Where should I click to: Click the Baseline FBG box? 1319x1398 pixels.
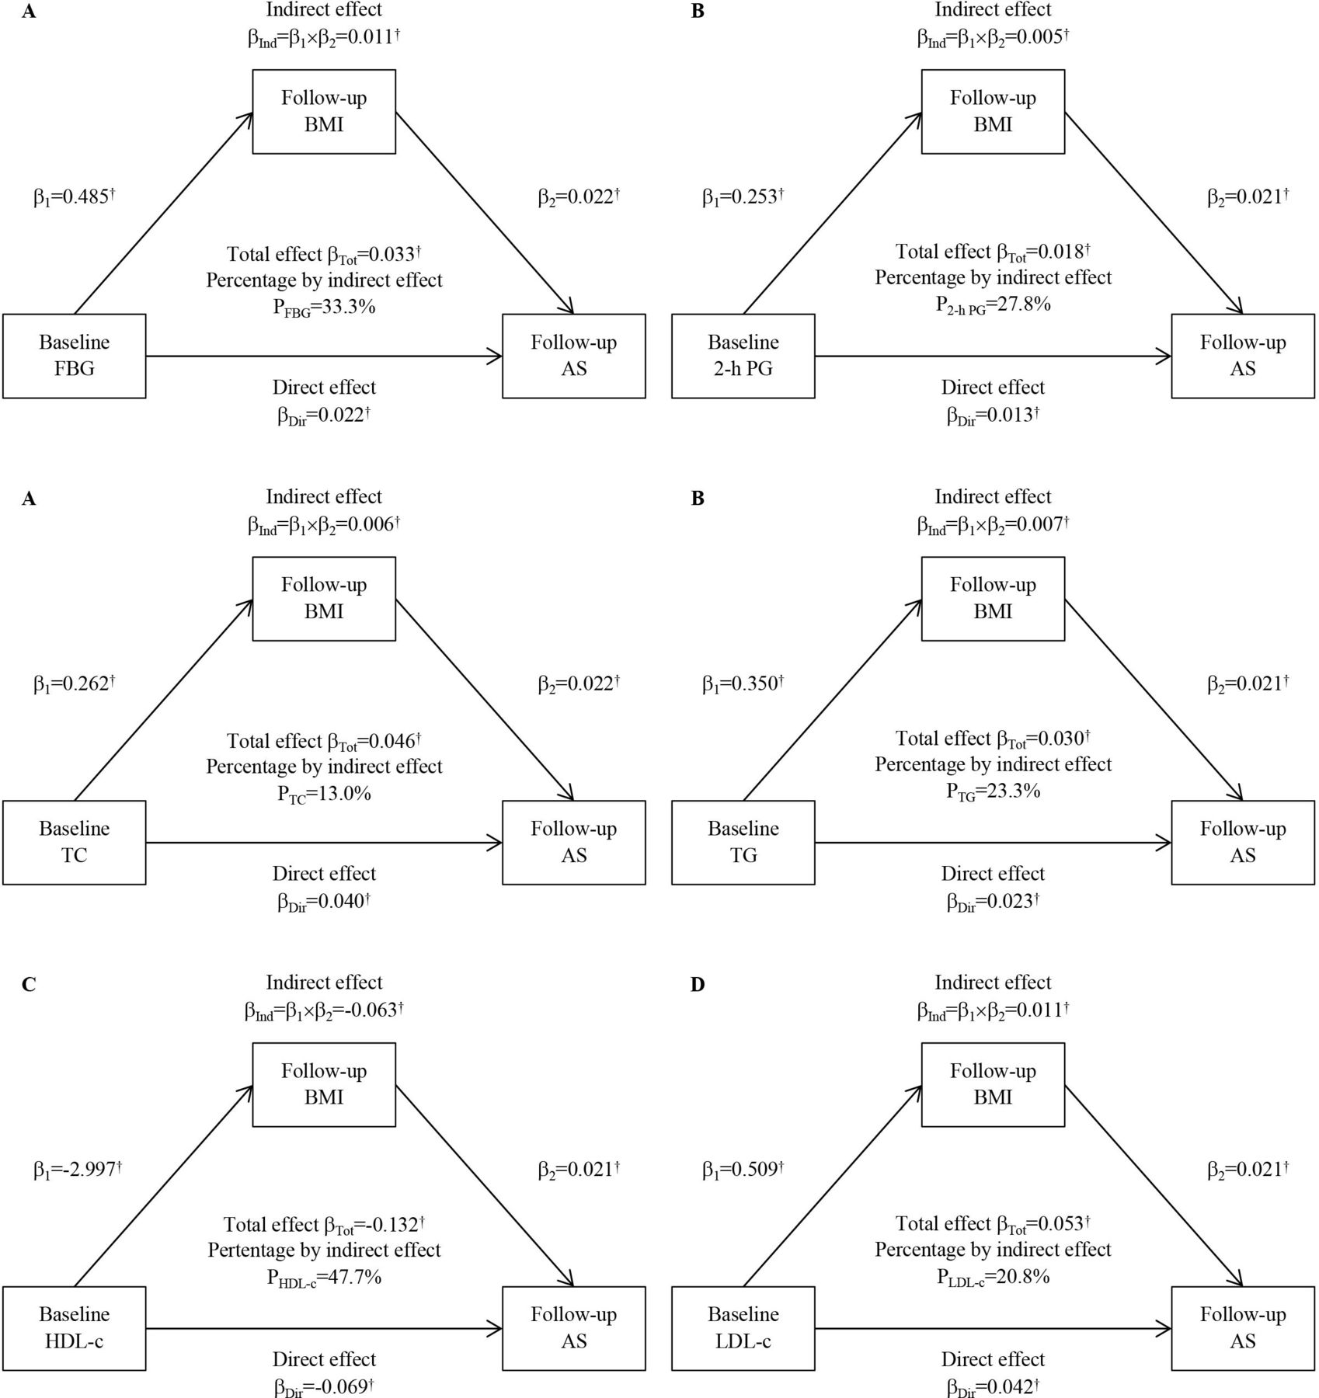(x=75, y=356)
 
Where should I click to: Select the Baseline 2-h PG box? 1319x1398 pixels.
(x=743, y=356)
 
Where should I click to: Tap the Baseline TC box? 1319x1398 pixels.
(x=75, y=843)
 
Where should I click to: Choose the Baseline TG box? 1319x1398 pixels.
(x=743, y=843)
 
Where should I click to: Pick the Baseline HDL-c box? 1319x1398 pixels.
(x=75, y=1328)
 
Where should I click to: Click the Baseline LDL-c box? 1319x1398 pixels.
(x=743, y=1328)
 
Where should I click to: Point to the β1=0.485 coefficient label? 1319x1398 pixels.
(x=74, y=197)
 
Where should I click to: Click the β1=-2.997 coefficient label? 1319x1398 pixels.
(x=78, y=1170)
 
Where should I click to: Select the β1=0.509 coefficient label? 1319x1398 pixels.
(x=743, y=1170)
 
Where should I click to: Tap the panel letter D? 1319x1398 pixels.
(x=698, y=985)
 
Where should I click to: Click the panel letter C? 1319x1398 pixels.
(x=29, y=985)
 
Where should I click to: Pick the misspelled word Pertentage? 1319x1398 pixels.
(x=253, y=1250)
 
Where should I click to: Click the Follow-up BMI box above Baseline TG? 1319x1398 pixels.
(x=993, y=599)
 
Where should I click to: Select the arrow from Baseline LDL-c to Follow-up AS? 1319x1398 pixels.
(x=994, y=1328)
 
